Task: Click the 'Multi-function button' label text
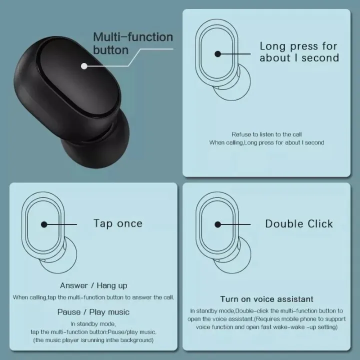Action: pos(132,43)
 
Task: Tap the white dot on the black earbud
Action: pos(84,65)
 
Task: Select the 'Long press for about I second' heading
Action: pos(299,52)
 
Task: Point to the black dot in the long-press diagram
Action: pos(217,54)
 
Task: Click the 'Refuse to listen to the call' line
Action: pos(266,134)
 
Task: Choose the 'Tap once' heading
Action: pos(118,223)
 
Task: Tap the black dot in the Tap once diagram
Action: pos(44,225)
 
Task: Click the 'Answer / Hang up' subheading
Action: pos(93,285)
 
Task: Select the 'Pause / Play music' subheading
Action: pos(93,312)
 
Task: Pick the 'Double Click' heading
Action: pos(299,223)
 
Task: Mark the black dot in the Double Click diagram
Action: pos(218,224)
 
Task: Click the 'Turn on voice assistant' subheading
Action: pos(267,299)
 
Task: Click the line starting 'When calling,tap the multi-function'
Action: pos(93,297)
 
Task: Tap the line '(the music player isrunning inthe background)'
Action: pos(93,340)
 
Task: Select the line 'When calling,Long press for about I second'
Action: pos(266,142)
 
